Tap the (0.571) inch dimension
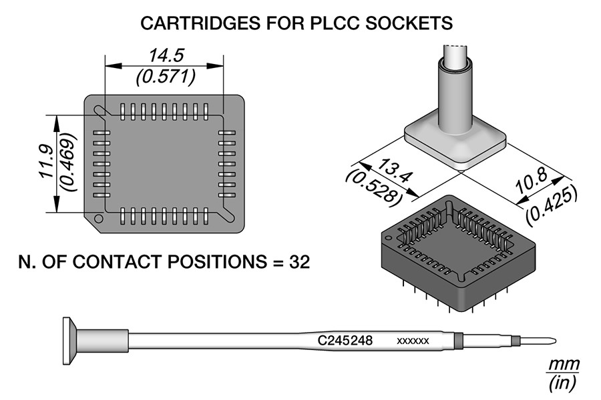pos(165,77)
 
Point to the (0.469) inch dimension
pos(67,163)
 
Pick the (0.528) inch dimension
pos(375,187)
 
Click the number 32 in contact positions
pos(299,261)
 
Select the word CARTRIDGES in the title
pos(190,23)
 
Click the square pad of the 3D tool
pos(453,141)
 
